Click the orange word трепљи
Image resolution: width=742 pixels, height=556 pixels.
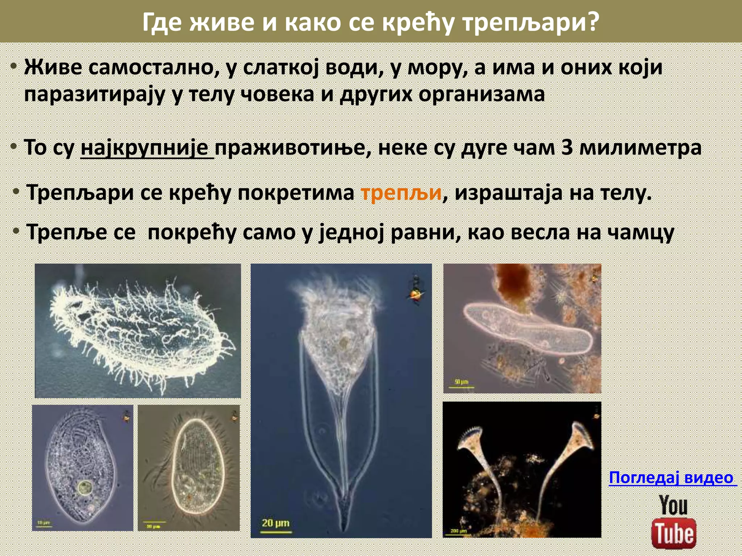pos(401,193)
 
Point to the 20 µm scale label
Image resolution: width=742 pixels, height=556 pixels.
pos(276,523)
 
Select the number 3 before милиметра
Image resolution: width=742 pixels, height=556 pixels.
pos(567,148)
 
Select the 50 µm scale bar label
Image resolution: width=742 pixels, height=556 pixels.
pos(461,382)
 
